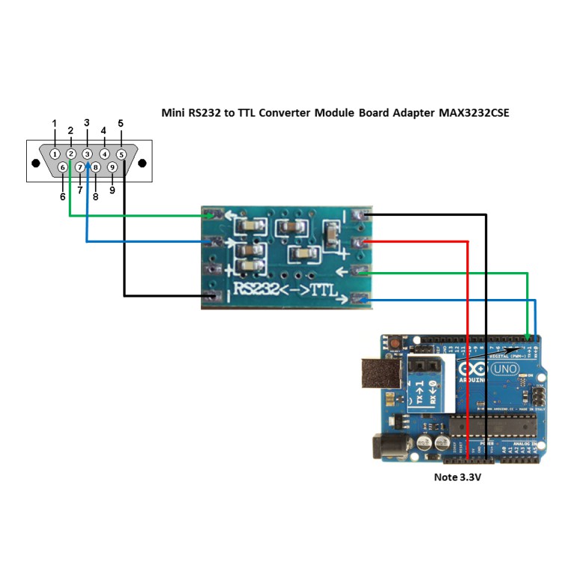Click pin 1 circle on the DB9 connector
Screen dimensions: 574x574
(x=55, y=153)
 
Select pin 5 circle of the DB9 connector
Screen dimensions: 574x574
(x=120, y=153)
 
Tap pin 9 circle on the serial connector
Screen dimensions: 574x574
(x=112, y=167)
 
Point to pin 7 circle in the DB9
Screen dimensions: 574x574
(x=80, y=167)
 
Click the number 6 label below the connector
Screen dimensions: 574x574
(x=63, y=197)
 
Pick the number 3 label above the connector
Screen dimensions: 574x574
(x=87, y=123)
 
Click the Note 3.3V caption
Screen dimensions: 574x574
(x=457, y=477)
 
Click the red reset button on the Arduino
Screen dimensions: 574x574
(x=394, y=345)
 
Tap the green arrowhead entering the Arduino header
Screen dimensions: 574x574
(x=528, y=337)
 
